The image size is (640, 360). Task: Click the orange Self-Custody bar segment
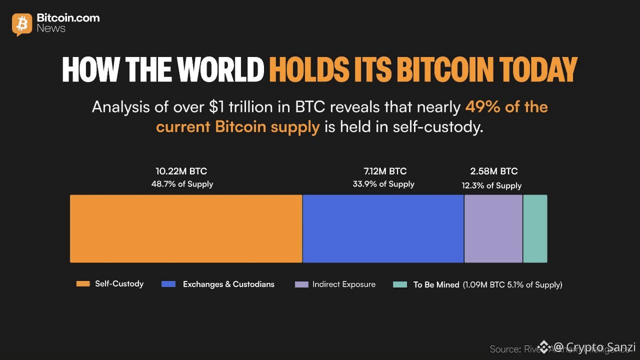(x=186, y=228)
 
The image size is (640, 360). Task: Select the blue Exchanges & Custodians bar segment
(x=383, y=228)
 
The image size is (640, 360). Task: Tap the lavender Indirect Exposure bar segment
(x=493, y=228)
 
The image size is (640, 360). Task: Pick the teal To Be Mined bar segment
(x=535, y=228)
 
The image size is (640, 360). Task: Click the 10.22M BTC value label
(x=182, y=171)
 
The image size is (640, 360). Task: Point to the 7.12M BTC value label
(x=384, y=171)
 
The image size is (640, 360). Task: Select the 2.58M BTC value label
(x=493, y=171)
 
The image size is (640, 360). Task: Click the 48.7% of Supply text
(x=182, y=184)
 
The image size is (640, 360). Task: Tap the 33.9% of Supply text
(x=383, y=184)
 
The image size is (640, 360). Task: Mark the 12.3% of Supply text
(x=491, y=185)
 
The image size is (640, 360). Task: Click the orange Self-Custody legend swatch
(x=82, y=283)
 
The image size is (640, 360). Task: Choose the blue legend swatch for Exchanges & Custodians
(x=168, y=284)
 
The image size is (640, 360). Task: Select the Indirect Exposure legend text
(x=344, y=284)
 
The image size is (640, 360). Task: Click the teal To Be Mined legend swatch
(x=400, y=284)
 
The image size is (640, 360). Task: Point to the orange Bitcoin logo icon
(x=21, y=24)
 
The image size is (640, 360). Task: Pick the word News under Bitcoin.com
(x=51, y=28)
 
